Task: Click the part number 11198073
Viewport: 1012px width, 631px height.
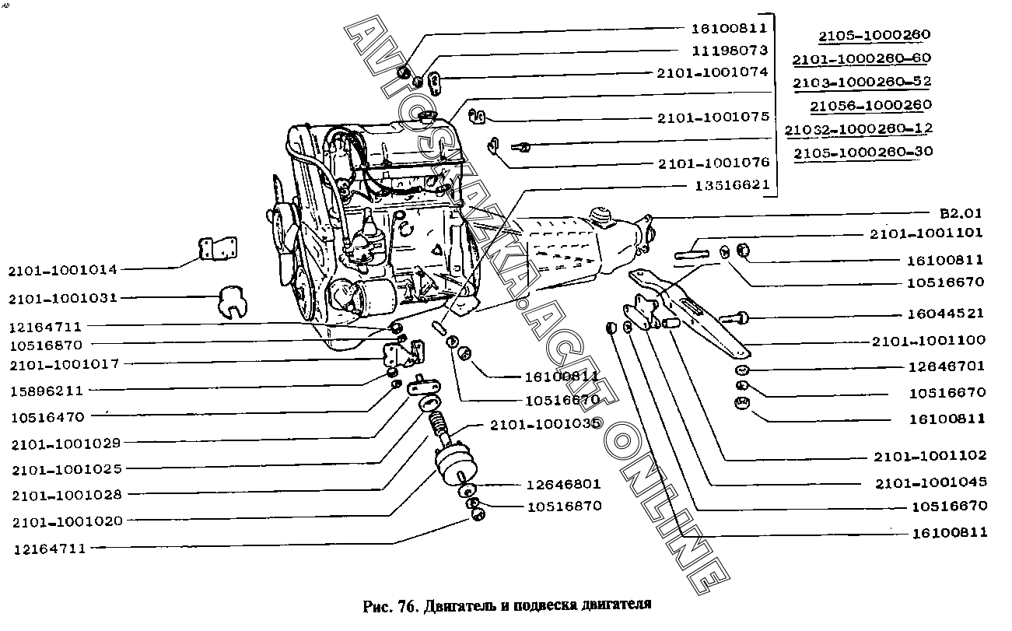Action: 729,51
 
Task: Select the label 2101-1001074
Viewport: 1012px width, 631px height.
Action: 713,72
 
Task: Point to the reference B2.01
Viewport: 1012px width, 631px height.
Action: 961,212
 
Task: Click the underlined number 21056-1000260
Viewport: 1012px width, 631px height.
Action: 870,105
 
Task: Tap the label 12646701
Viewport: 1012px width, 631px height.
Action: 947,366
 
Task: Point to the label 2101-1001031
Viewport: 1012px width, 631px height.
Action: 63,297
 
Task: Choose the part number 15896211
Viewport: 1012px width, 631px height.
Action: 47,391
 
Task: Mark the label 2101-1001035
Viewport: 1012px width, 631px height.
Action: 545,424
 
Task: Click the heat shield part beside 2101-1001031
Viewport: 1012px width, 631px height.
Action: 230,302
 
